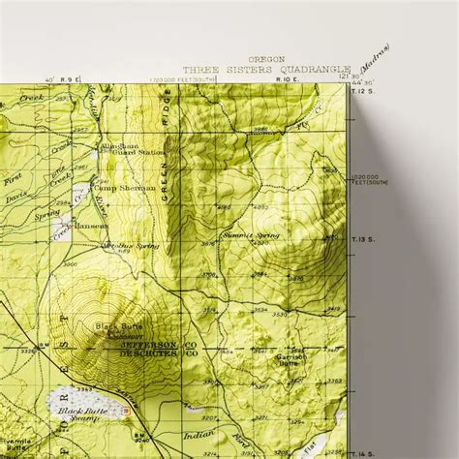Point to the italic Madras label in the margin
(x=371, y=57)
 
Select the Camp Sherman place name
(x=126, y=187)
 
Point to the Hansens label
(x=94, y=225)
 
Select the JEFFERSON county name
(x=148, y=344)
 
